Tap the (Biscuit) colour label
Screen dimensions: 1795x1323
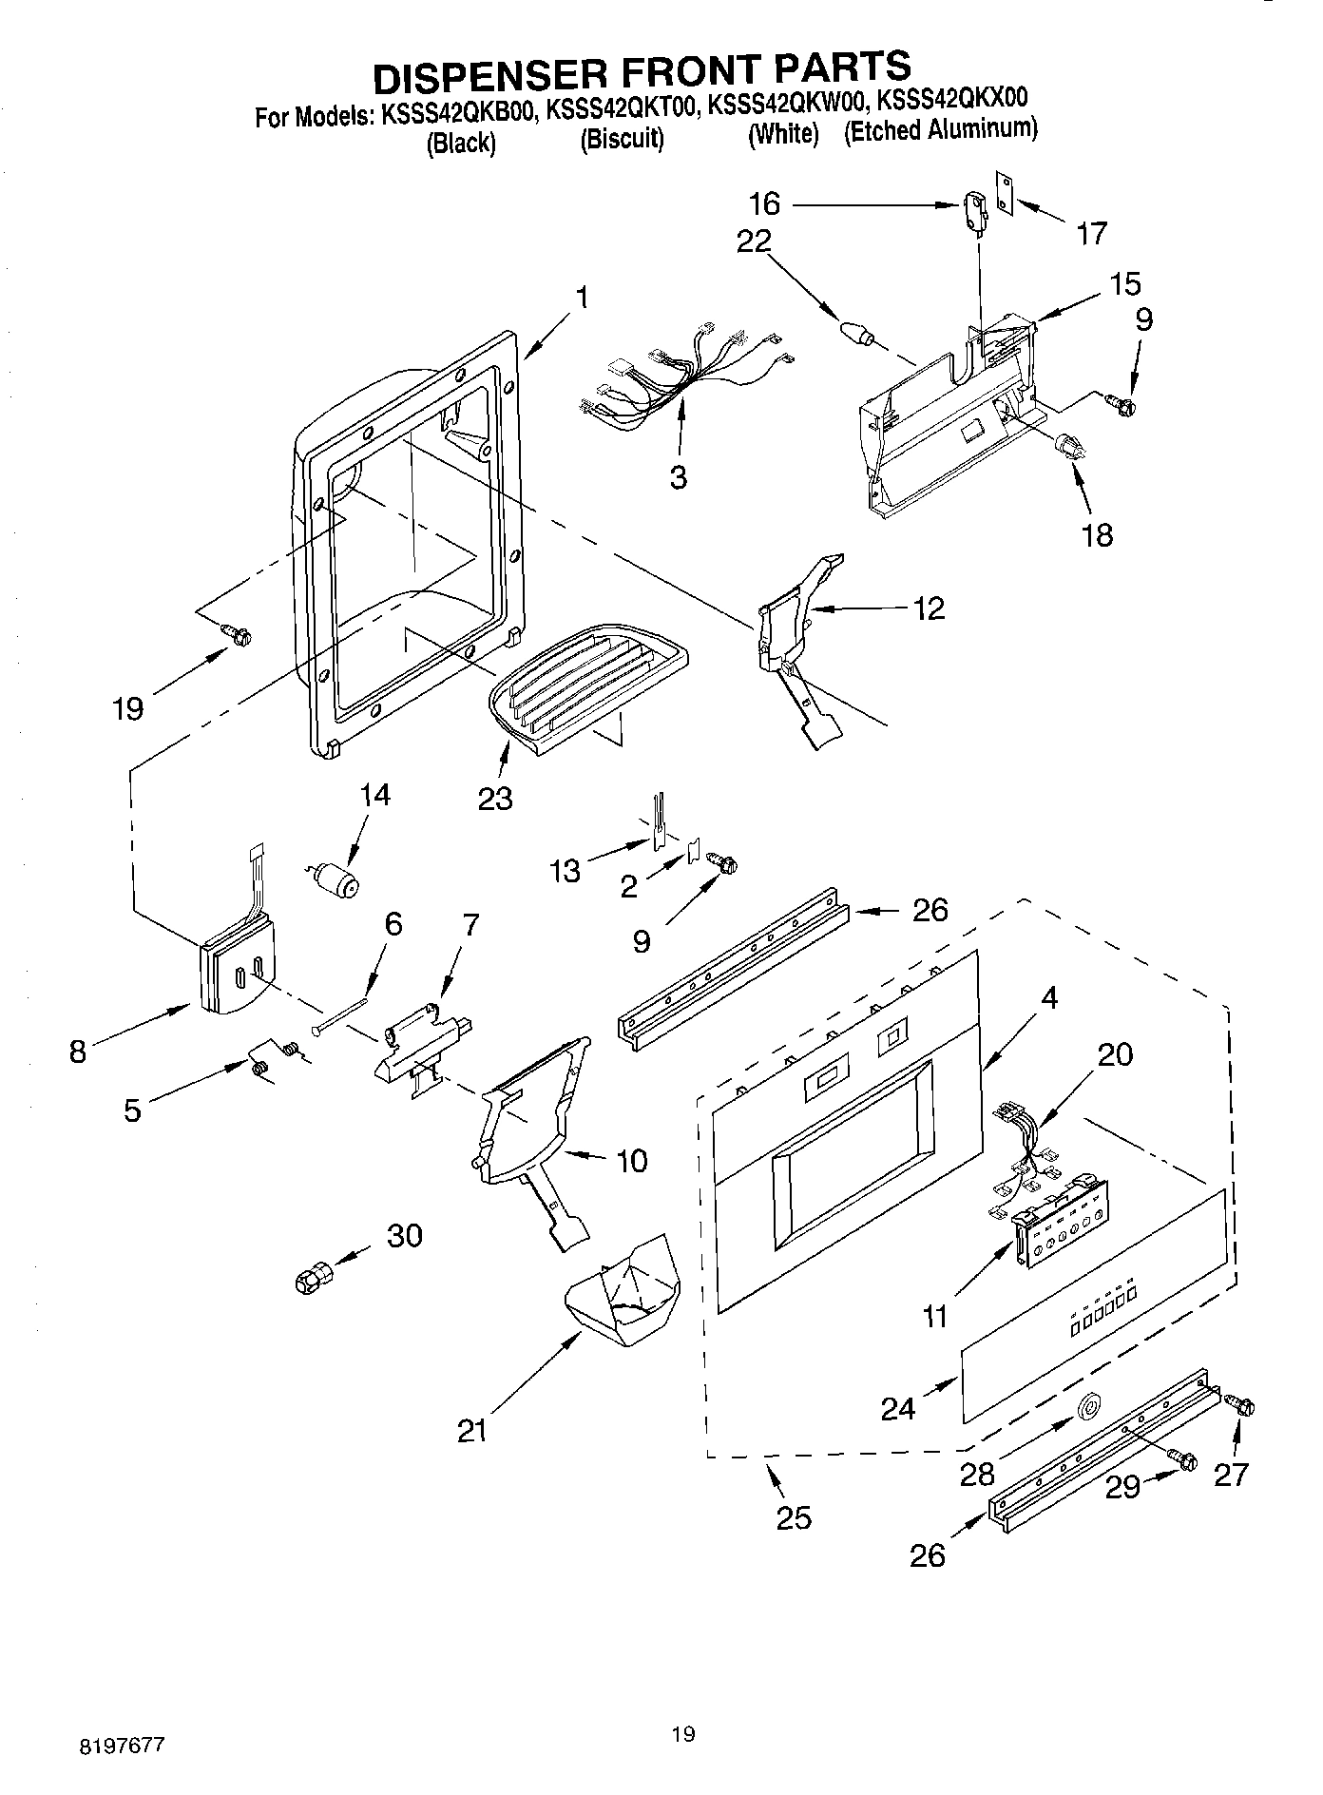(622, 140)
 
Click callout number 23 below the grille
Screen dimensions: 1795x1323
(495, 798)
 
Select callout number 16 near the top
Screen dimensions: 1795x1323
(764, 203)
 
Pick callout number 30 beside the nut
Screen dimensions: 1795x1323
(404, 1236)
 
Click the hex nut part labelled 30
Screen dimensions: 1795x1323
(313, 1277)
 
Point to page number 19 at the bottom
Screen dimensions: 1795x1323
(682, 1734)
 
